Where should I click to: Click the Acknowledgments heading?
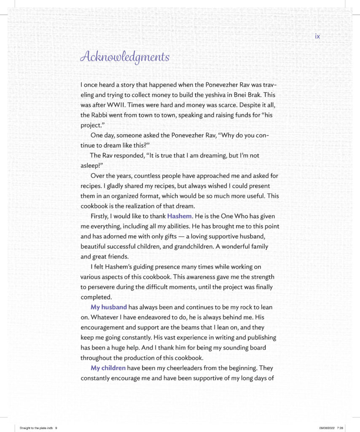[x=125, y=57]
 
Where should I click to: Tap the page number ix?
[x=317, y=36]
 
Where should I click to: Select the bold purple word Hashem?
[x=180, y=216]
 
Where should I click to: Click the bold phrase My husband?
[x=109, y=307]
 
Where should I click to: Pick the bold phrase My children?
[x=108, y=368]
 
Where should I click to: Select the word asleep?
[x=92, y=165]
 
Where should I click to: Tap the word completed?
[x=96, y=297]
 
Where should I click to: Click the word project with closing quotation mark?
[x=93, y=125]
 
